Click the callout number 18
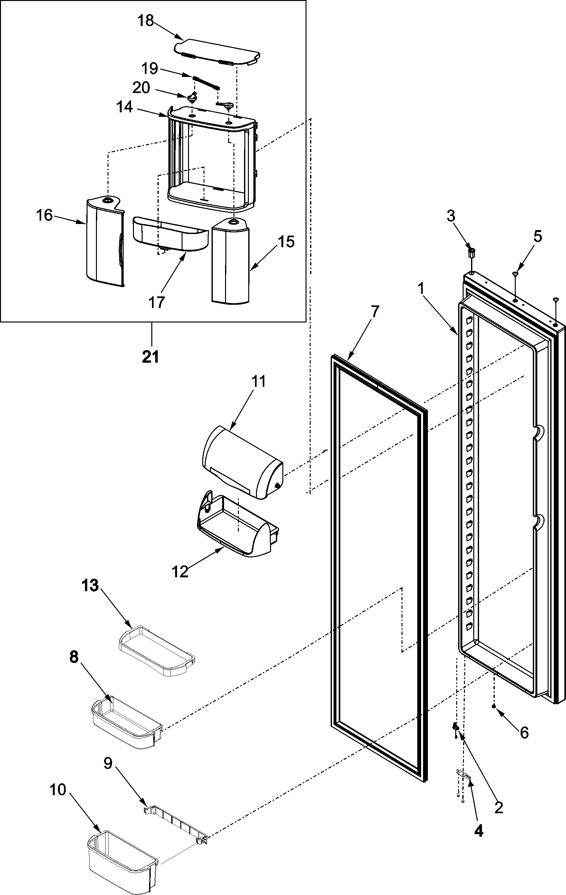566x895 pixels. [x=146, y=21]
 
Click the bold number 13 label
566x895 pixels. [x=90, y=586]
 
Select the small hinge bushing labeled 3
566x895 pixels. [x=472, y=254]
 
